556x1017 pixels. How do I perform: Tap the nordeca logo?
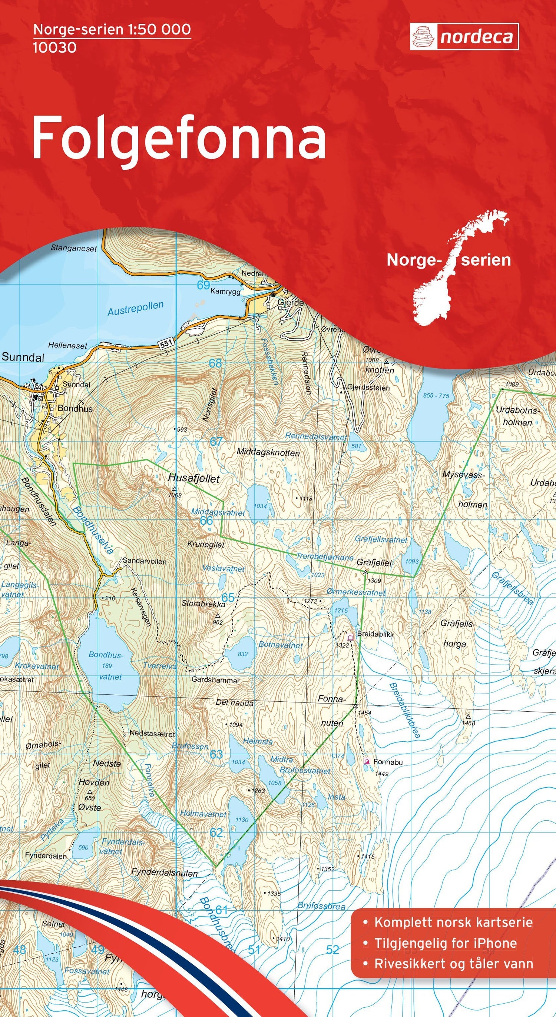click(x=464, y=37)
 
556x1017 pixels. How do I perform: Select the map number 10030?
click(x=54, y=48)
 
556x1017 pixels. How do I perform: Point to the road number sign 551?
click(x=167, y=344)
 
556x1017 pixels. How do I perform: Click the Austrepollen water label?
click(x=135, y=308)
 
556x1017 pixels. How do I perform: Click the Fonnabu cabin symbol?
click(x=367, y=761)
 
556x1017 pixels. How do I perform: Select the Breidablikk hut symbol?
click(x=350, y=637)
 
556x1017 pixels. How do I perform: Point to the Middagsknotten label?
click(x=268, y=452)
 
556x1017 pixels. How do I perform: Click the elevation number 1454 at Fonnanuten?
click(x=364, y=712)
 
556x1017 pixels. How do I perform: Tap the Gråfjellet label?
click(x=374, y=562)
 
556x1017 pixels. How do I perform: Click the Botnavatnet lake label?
click(x=280, y=645)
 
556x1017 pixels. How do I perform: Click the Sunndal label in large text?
click(x=23, y=357)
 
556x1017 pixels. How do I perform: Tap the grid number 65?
click(x=228, y=597)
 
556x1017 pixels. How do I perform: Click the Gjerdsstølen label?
click(x=368, y=388)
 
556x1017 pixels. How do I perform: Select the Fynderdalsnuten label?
click(x=164, y=859)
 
